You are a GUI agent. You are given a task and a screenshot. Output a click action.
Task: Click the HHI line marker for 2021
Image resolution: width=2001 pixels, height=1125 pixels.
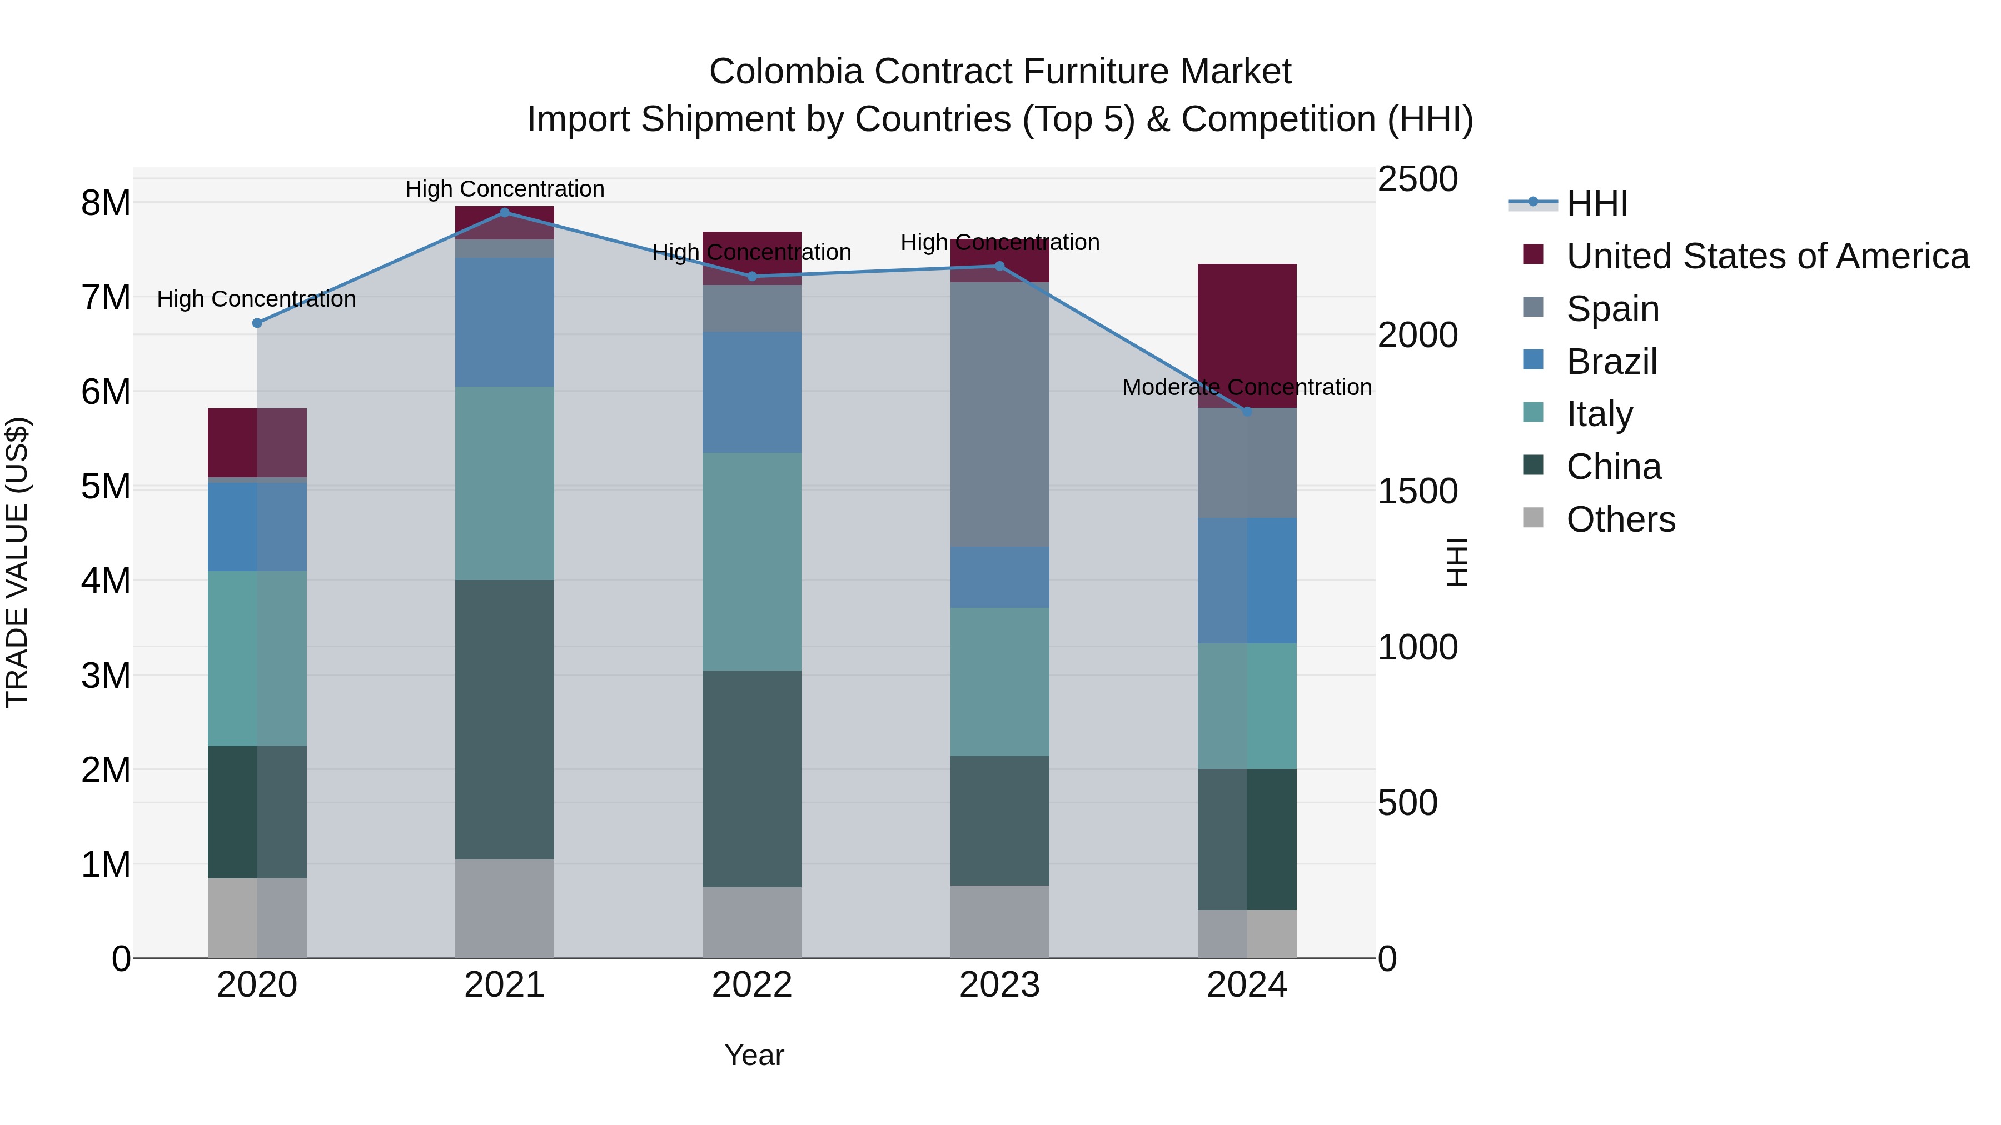click(x=504, y=213)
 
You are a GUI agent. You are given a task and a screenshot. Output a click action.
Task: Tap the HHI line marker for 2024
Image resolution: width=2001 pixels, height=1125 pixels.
click(x=1247, y=412)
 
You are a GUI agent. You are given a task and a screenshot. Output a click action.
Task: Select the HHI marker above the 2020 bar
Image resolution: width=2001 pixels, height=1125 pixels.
click(x=257, y=323)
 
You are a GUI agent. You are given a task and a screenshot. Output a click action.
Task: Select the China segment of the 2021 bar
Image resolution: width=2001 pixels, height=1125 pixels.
click(x=504, y=719)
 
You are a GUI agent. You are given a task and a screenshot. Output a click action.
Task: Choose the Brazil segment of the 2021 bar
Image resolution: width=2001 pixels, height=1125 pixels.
click(x=504, y=322)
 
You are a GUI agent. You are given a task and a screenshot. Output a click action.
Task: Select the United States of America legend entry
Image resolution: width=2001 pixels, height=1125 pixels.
click(x=1767, y=256)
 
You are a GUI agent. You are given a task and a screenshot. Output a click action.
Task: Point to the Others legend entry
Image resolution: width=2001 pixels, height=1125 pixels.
click(x=1620, y=519)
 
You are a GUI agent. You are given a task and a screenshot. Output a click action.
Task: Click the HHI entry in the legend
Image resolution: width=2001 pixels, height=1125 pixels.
click(x=1596, y=203)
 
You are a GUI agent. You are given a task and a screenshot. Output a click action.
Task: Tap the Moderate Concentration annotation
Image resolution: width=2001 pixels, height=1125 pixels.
click(x=1246, y=387)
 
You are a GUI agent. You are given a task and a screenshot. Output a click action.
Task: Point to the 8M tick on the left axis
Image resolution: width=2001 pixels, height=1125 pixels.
click(x=106, y=203)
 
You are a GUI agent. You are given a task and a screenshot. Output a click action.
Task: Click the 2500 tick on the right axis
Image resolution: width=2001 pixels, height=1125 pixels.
click(x=1417, y=179)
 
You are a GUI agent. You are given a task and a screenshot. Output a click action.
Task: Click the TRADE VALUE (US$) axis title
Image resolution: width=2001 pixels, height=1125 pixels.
click(x=17, y=562)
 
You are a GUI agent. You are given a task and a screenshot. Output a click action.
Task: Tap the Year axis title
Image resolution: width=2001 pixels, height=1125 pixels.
click(x=754, y=1055)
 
